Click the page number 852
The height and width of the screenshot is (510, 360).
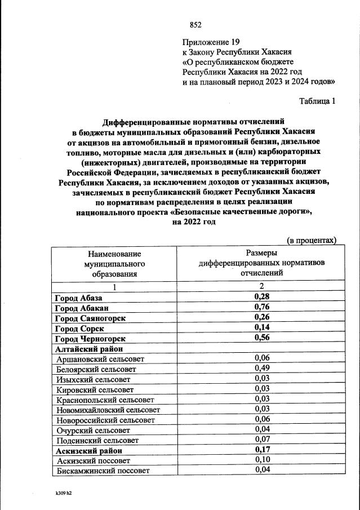[195, 24]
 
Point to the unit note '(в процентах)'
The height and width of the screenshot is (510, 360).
[312, 241]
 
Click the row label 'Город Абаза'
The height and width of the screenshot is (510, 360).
[78, 297]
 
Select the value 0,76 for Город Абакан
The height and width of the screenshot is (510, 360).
[261, 307]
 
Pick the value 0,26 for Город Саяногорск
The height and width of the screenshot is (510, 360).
[261, 318]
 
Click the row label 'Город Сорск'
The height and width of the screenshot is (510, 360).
[78, 328]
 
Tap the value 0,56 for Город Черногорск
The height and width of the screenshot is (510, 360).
[261, 338]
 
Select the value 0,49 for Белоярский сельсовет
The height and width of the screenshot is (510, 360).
[261, 369]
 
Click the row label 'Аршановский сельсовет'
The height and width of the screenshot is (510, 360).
[100, 359]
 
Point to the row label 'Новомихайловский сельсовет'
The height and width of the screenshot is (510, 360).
[108, 410]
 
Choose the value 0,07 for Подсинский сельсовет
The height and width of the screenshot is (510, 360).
[261, 440]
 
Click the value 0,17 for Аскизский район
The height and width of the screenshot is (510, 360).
[261, 450]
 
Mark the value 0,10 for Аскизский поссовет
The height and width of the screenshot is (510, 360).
[261, 460]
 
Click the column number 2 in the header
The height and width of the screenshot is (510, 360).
[261, 287]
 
